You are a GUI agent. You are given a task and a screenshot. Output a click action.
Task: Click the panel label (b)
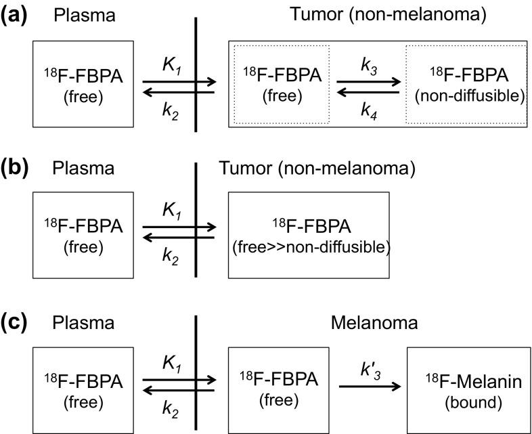tap(16, 167)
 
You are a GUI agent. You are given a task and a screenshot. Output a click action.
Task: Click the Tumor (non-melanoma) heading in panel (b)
tap(318, 168)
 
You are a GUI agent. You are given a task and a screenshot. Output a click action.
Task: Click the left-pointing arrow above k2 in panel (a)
tap(177, 95)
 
